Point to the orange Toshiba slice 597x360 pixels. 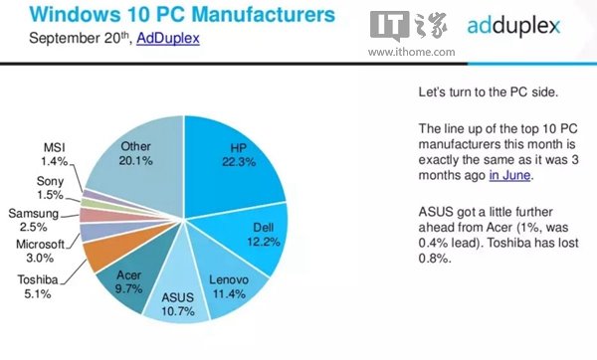[x=103, y=255]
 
